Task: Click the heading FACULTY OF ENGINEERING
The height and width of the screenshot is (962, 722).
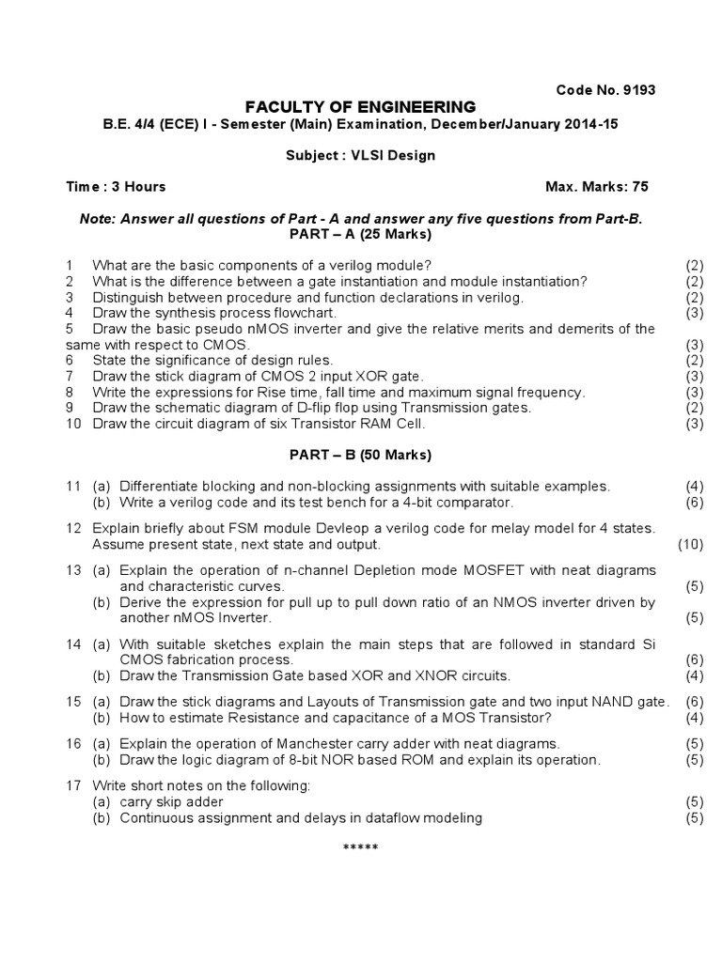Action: point(360,107)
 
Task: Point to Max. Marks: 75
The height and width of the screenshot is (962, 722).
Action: point(597,187)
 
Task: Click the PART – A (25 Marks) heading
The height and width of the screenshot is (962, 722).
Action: point(360,233)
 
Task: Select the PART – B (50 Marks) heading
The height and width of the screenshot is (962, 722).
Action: point(360,455)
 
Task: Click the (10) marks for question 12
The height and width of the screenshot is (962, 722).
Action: point(690,544)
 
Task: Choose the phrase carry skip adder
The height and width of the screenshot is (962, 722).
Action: point(171,801)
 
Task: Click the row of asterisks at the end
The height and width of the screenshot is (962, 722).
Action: point(360,848)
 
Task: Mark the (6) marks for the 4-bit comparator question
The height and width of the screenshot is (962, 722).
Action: point(694,502)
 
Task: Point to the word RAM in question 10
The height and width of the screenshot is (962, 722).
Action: point(367,424)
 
